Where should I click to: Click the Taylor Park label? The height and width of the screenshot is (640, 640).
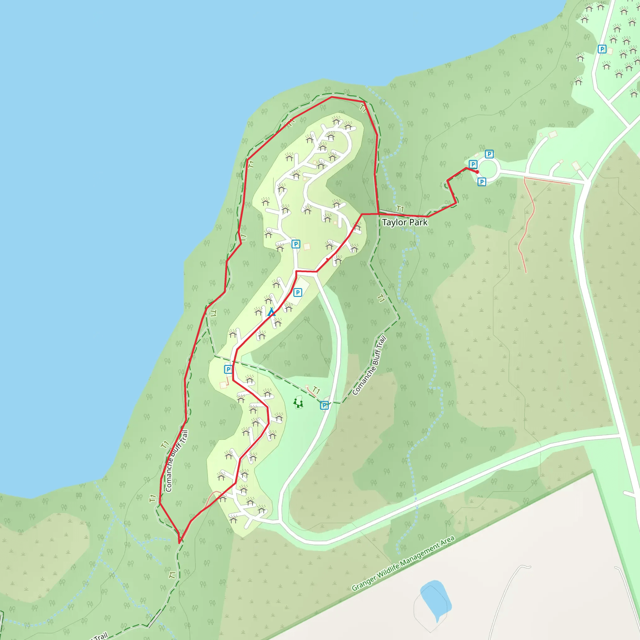pos(405,222)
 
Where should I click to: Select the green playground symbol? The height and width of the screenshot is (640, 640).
pos(298,403)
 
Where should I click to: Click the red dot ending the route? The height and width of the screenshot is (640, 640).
pos(477,172)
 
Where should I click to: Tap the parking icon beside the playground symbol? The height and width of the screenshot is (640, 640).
pos(324,405)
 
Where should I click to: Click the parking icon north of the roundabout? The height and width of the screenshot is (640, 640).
pos(489,154)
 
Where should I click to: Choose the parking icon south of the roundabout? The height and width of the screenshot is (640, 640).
pos(482,182)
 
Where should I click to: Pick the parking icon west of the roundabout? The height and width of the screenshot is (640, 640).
pos(473,164)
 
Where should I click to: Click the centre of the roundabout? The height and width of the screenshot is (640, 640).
pos(489,170)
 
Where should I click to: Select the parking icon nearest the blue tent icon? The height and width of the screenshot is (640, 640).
pos(297,292)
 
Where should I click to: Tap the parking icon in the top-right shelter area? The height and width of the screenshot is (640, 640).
pos(602,49)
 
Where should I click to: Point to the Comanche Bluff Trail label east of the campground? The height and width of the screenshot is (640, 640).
pos(369,366)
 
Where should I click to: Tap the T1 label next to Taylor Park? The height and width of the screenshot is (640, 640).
pos(400,209)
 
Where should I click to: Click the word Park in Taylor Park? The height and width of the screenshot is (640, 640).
pos(418,222)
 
